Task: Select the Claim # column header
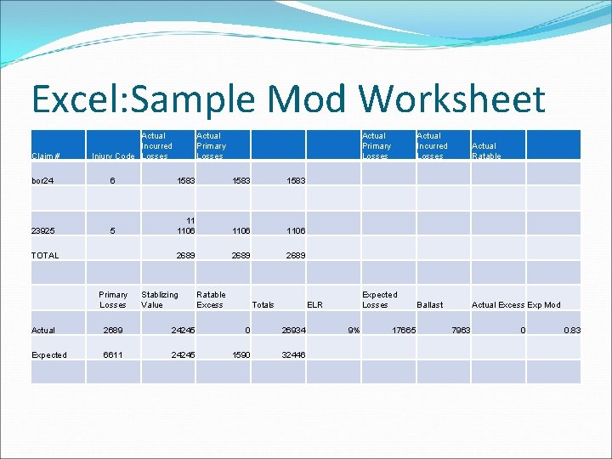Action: [45, 156]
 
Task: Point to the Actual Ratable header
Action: [486, 150]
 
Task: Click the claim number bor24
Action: [44, 181]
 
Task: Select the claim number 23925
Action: [43, 230]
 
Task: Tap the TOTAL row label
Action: [45, 255]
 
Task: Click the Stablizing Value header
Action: [160, 299]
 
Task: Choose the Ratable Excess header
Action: [211, 299]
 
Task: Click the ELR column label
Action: [314, 304]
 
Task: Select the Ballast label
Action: [429, 304]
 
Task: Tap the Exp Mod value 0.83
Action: [571, 330]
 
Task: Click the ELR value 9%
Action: [354, 330]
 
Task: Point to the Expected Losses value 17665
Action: [402, 330]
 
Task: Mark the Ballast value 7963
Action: [458, 330]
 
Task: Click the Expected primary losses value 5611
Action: [113, 354]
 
